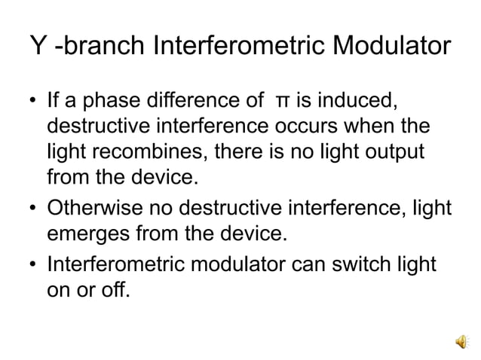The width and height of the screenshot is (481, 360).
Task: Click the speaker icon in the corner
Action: point(461,341)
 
